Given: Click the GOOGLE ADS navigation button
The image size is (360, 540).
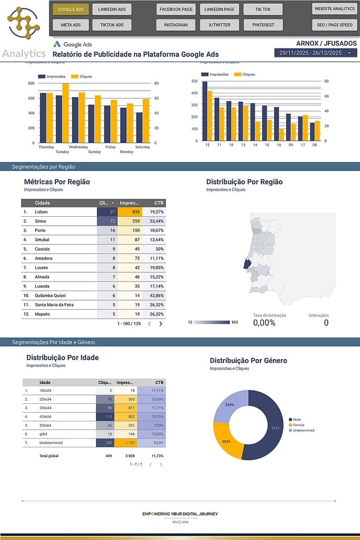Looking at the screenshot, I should (71, 9).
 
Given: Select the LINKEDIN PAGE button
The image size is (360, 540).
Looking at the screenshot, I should (219, 9).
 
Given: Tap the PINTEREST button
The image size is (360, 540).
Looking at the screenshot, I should (263, 25).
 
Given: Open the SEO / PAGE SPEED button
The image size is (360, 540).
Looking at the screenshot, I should (335, 25).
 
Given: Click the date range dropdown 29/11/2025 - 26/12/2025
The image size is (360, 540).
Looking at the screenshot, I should (315, 53).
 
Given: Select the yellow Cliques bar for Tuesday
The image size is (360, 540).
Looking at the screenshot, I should (65, 113).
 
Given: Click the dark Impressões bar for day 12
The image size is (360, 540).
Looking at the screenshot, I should (205, 111).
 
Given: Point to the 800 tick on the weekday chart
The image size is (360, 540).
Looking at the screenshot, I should (31, 83).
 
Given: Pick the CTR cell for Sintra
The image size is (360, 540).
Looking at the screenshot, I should (155, 221).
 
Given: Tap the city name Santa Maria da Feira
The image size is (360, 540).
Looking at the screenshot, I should (54, 305).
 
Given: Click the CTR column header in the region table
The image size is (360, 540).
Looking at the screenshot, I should (159, 203).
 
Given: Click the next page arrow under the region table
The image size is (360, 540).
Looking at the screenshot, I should (161, 324).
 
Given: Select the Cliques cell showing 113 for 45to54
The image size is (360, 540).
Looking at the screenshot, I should (105, 417).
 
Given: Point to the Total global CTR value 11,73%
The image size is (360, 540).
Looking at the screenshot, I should (157, 456).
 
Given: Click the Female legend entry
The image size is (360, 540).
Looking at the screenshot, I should (299, 425).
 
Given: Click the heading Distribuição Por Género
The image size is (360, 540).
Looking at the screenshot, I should (248, 361).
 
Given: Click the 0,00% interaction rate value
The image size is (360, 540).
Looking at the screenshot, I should (264, 323).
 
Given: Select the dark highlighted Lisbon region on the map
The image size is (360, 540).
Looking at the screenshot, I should (247, 264).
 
